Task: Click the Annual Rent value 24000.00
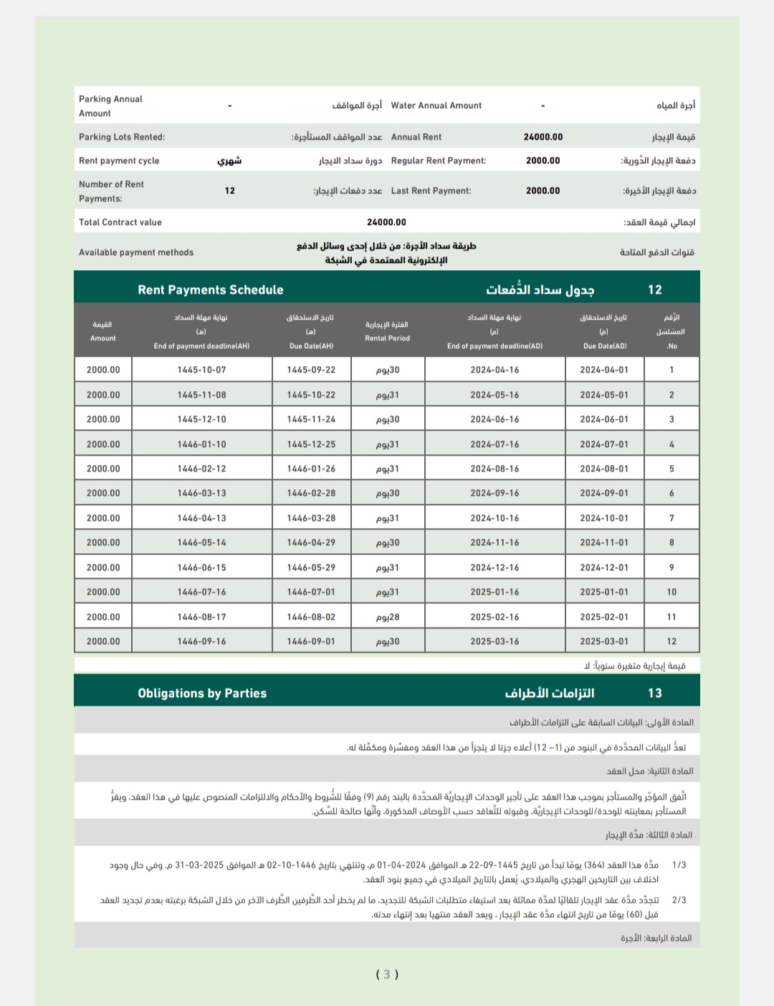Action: pyautogui.click(x=543, y=137)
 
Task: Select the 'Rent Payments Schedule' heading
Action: pyautogui.click(x=210, y=289)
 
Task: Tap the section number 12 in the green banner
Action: pyautogui.click(x=654, y=289)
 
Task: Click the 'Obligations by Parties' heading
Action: pyautogui.click(x=202, y=693)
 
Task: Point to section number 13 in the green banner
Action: pyautogui.click(x=654, y=693)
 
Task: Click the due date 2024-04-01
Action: pyautogui.click(x=603, y=370)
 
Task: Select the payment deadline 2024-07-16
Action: pyautogui.click(x=494, y=444)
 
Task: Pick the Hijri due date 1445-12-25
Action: pyautogui.click(x=311, y=444)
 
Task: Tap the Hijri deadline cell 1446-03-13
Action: pyautogui.click(x=201, y=493)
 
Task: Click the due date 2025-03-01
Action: pyautogui.click(x=603, y=641)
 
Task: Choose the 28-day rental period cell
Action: pyautogui.click(x=388, y=617)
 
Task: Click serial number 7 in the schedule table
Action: pyautogui.click(x=672, y=518)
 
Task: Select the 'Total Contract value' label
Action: pyautogui.click(x=120, y=222)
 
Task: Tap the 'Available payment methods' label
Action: pyautogui.click(x=136, y=252)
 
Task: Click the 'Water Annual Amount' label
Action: pyautogui.click(x=436, y=105)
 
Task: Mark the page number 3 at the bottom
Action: pyautogui.click(x=387, y=974)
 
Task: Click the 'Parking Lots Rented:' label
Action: pyautogui.click(x=122, y=137)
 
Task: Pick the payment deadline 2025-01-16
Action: pyautogui.click(x=494, y=592)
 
